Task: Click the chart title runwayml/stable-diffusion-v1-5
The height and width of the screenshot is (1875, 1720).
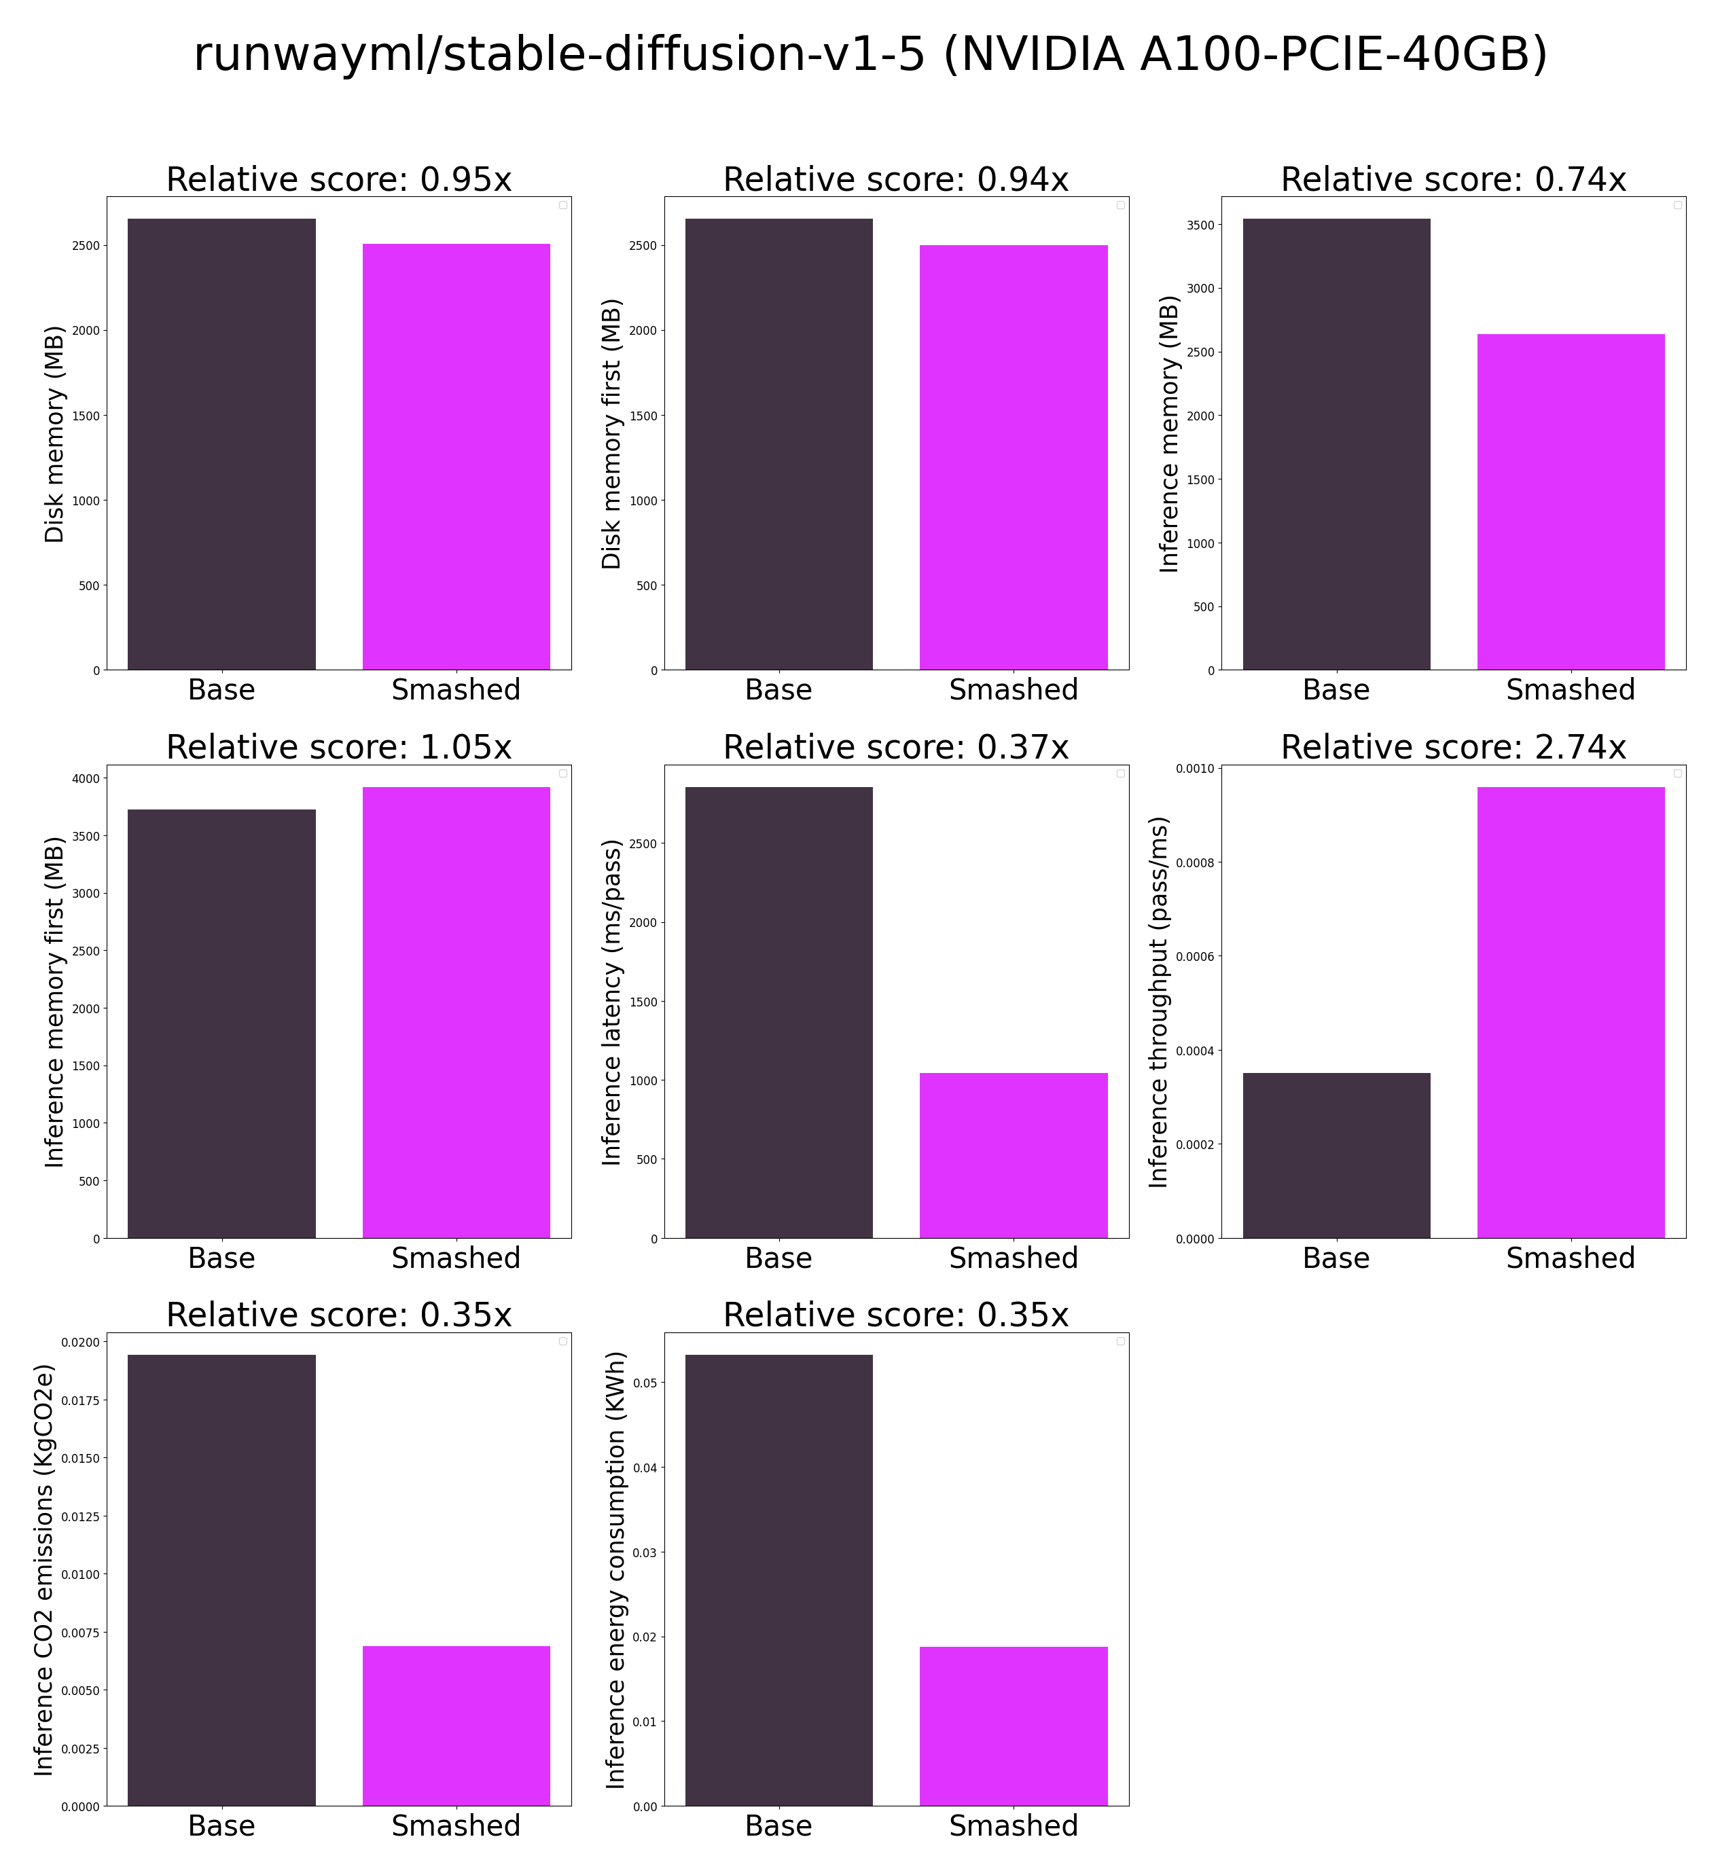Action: pyautogui.click(x=870, y=54)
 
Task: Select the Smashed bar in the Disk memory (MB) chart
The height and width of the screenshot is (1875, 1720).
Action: pyautogui.click(x=456, y=456)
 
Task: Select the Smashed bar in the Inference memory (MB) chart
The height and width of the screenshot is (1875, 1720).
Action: pyautogui.click(x=1570, y=502)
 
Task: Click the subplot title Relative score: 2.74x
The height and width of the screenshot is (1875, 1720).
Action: pyautogui.click(x=1453, y=747)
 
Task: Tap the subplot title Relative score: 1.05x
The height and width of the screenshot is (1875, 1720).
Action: pyautogui.click(x=339, y=747)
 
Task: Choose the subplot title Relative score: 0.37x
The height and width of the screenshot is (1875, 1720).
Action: pyautogui.click(x=895, y=747)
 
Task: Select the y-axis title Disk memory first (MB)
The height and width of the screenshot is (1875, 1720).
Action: pyautogui.click(x=611, y=434)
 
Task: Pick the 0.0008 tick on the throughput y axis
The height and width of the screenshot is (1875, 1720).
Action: pyautogui.click(x=1194, y=862)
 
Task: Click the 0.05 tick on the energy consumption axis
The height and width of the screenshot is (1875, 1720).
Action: pyautogui.click(x=644, y=1383)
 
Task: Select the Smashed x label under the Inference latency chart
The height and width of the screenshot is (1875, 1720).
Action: pyautogui.click(x=1014, y=1258)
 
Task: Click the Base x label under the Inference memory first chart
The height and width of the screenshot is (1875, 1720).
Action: pyautogui.click(x=221, y=1258)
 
